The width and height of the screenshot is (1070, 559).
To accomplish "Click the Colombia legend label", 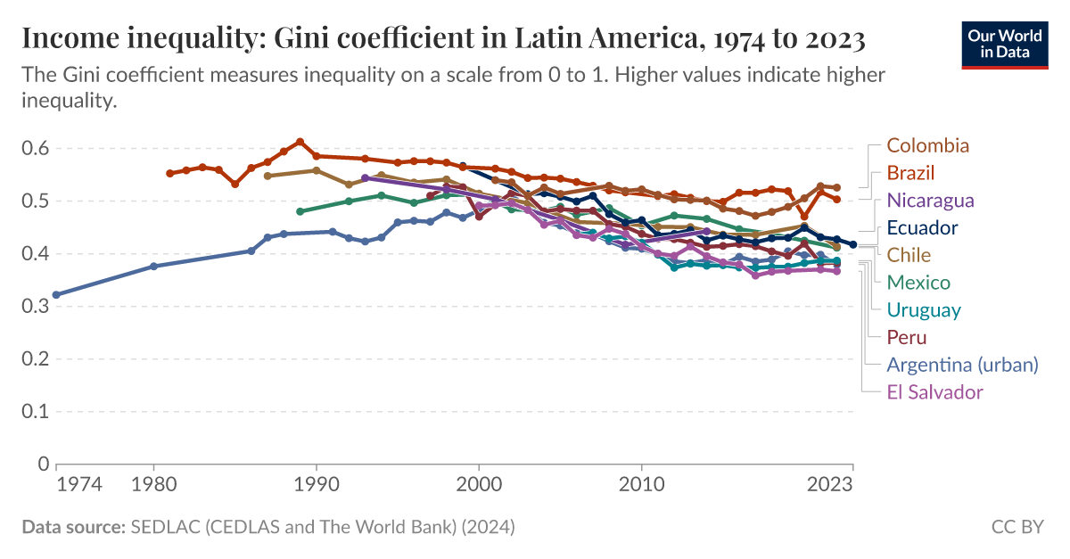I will click(927, 145).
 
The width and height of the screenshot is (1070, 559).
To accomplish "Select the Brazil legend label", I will click(910, 173).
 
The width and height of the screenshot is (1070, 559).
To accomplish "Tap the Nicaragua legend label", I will click(930, 201).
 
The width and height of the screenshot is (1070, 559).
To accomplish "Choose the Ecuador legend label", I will click(922, 228).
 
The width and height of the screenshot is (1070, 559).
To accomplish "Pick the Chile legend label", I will click(909, 255).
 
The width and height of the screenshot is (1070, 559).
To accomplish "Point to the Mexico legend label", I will click(918, 283).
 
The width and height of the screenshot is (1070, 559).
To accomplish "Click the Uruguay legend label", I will click(923, 310).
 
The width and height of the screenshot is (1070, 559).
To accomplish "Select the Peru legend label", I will click(906, 337).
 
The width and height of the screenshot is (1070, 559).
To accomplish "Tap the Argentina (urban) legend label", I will click(962, 365).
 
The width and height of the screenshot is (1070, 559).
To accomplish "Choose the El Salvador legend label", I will click(934, 392).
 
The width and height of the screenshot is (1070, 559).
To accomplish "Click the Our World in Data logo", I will click(1004, 44).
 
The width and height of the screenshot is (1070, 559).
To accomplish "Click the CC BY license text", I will click(1017, 527).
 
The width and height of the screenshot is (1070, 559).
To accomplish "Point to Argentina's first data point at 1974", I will click(56, 294).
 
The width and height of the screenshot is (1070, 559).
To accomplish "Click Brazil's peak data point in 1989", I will click(300, 142).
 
